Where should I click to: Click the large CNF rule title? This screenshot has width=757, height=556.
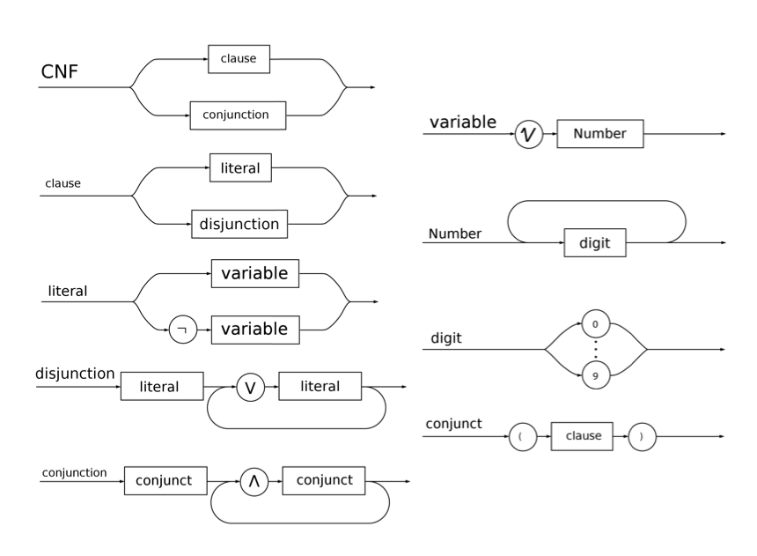coord(62,73)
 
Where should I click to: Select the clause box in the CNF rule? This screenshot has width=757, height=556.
coord(239,59)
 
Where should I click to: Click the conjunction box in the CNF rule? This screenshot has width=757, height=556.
coord(240,114)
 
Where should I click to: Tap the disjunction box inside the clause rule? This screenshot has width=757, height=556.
coord(240,224)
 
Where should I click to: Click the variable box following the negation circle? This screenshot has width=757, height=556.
coord(254,330)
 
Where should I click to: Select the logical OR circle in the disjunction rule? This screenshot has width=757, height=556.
coord(250,387)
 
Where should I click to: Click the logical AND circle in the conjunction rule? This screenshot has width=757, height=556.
coord(254,481)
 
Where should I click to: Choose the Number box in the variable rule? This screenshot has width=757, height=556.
coord(599,135)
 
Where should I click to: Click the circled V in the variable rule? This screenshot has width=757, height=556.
coord(528,135)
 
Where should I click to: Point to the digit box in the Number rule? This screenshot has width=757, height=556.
coord(594,242)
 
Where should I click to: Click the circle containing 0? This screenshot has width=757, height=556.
coord(595,325)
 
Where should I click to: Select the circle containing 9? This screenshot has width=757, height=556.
coord(595,375)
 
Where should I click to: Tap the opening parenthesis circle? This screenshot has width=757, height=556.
coord(523,438)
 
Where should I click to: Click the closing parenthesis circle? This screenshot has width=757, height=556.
coord(643,438)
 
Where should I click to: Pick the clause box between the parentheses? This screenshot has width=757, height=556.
coord(582,438)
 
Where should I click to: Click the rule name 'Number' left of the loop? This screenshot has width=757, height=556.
coord(454,234)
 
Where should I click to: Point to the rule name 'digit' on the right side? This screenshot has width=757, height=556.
coord(445,338)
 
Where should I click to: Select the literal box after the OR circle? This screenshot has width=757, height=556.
coord(320,387)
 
